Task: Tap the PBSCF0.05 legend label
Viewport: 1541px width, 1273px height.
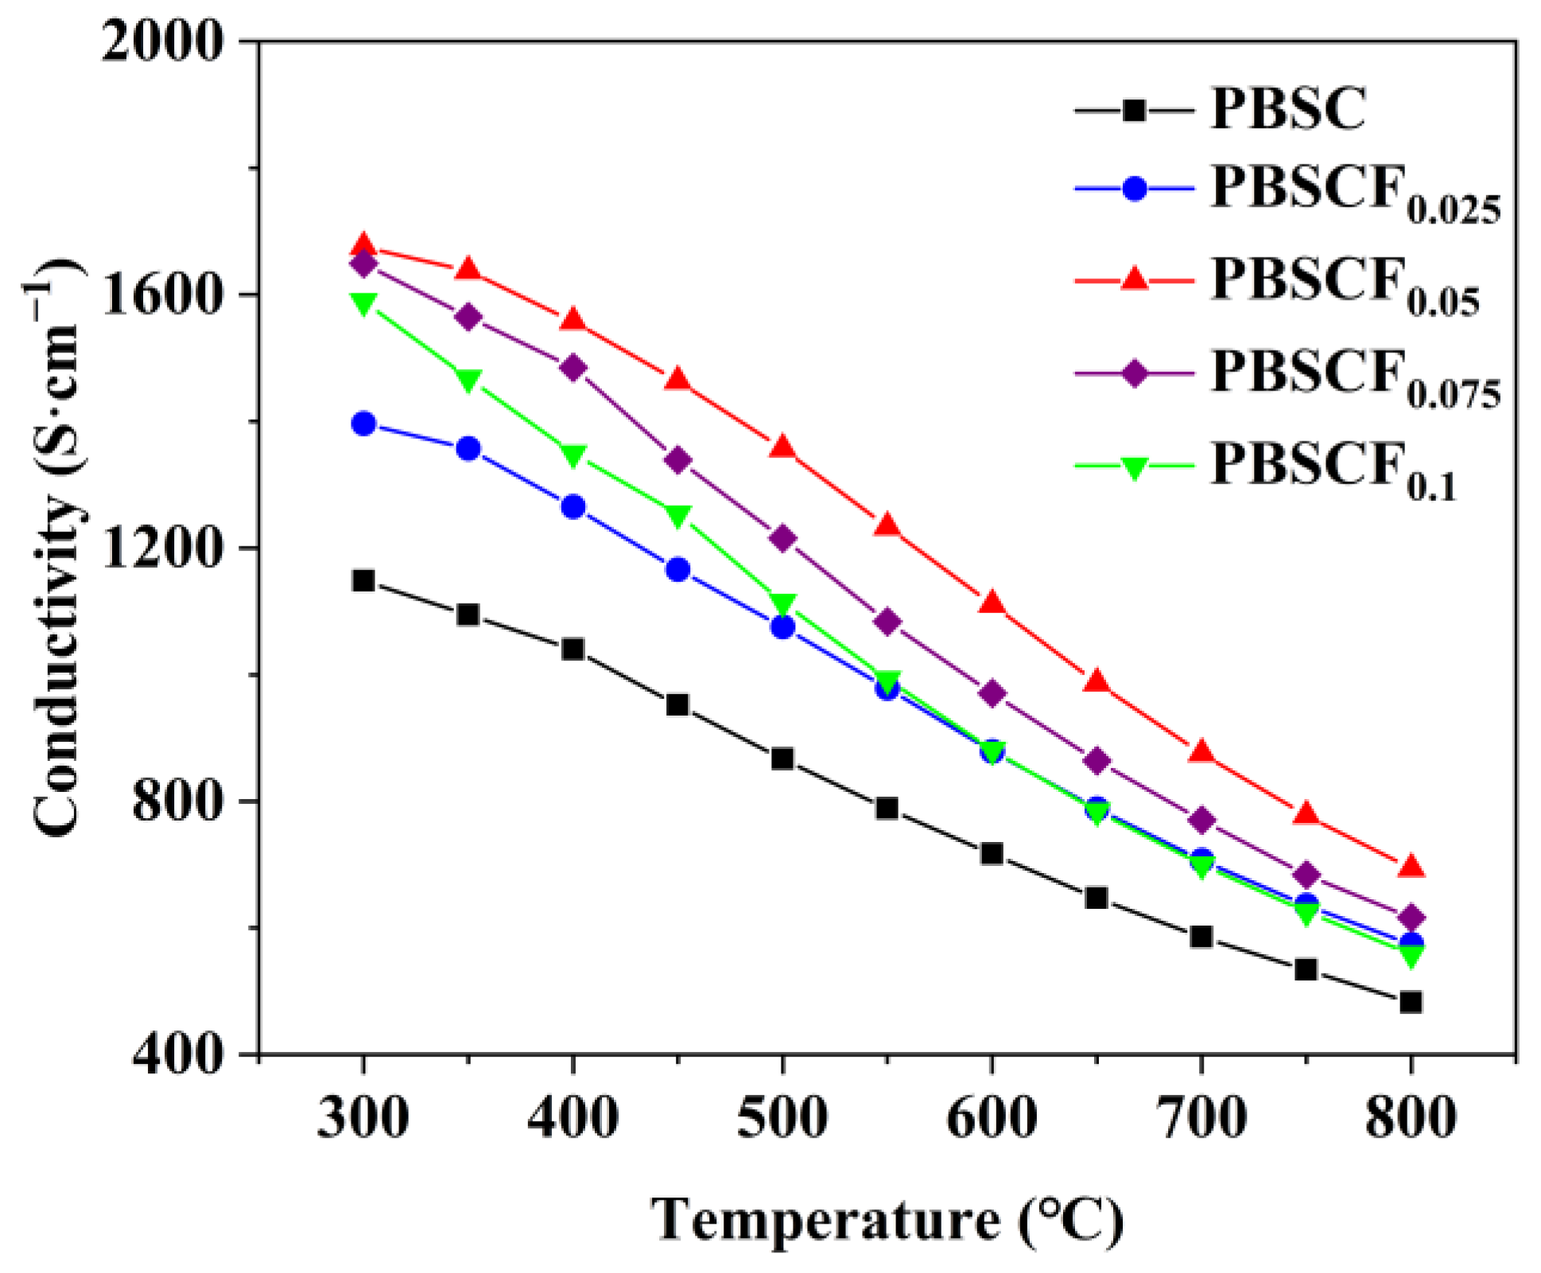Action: coord(1344,284)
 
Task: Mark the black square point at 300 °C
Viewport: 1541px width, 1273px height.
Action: coord(363,580)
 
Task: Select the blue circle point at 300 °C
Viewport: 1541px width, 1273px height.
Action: coord(363,423)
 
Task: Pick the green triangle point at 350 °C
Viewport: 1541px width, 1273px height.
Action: coord(468,380)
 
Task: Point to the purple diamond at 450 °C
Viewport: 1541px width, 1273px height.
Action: coord(677,460)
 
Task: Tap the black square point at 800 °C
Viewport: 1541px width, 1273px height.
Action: coord(1411,1002)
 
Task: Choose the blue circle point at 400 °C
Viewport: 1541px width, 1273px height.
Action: coord(573,506)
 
